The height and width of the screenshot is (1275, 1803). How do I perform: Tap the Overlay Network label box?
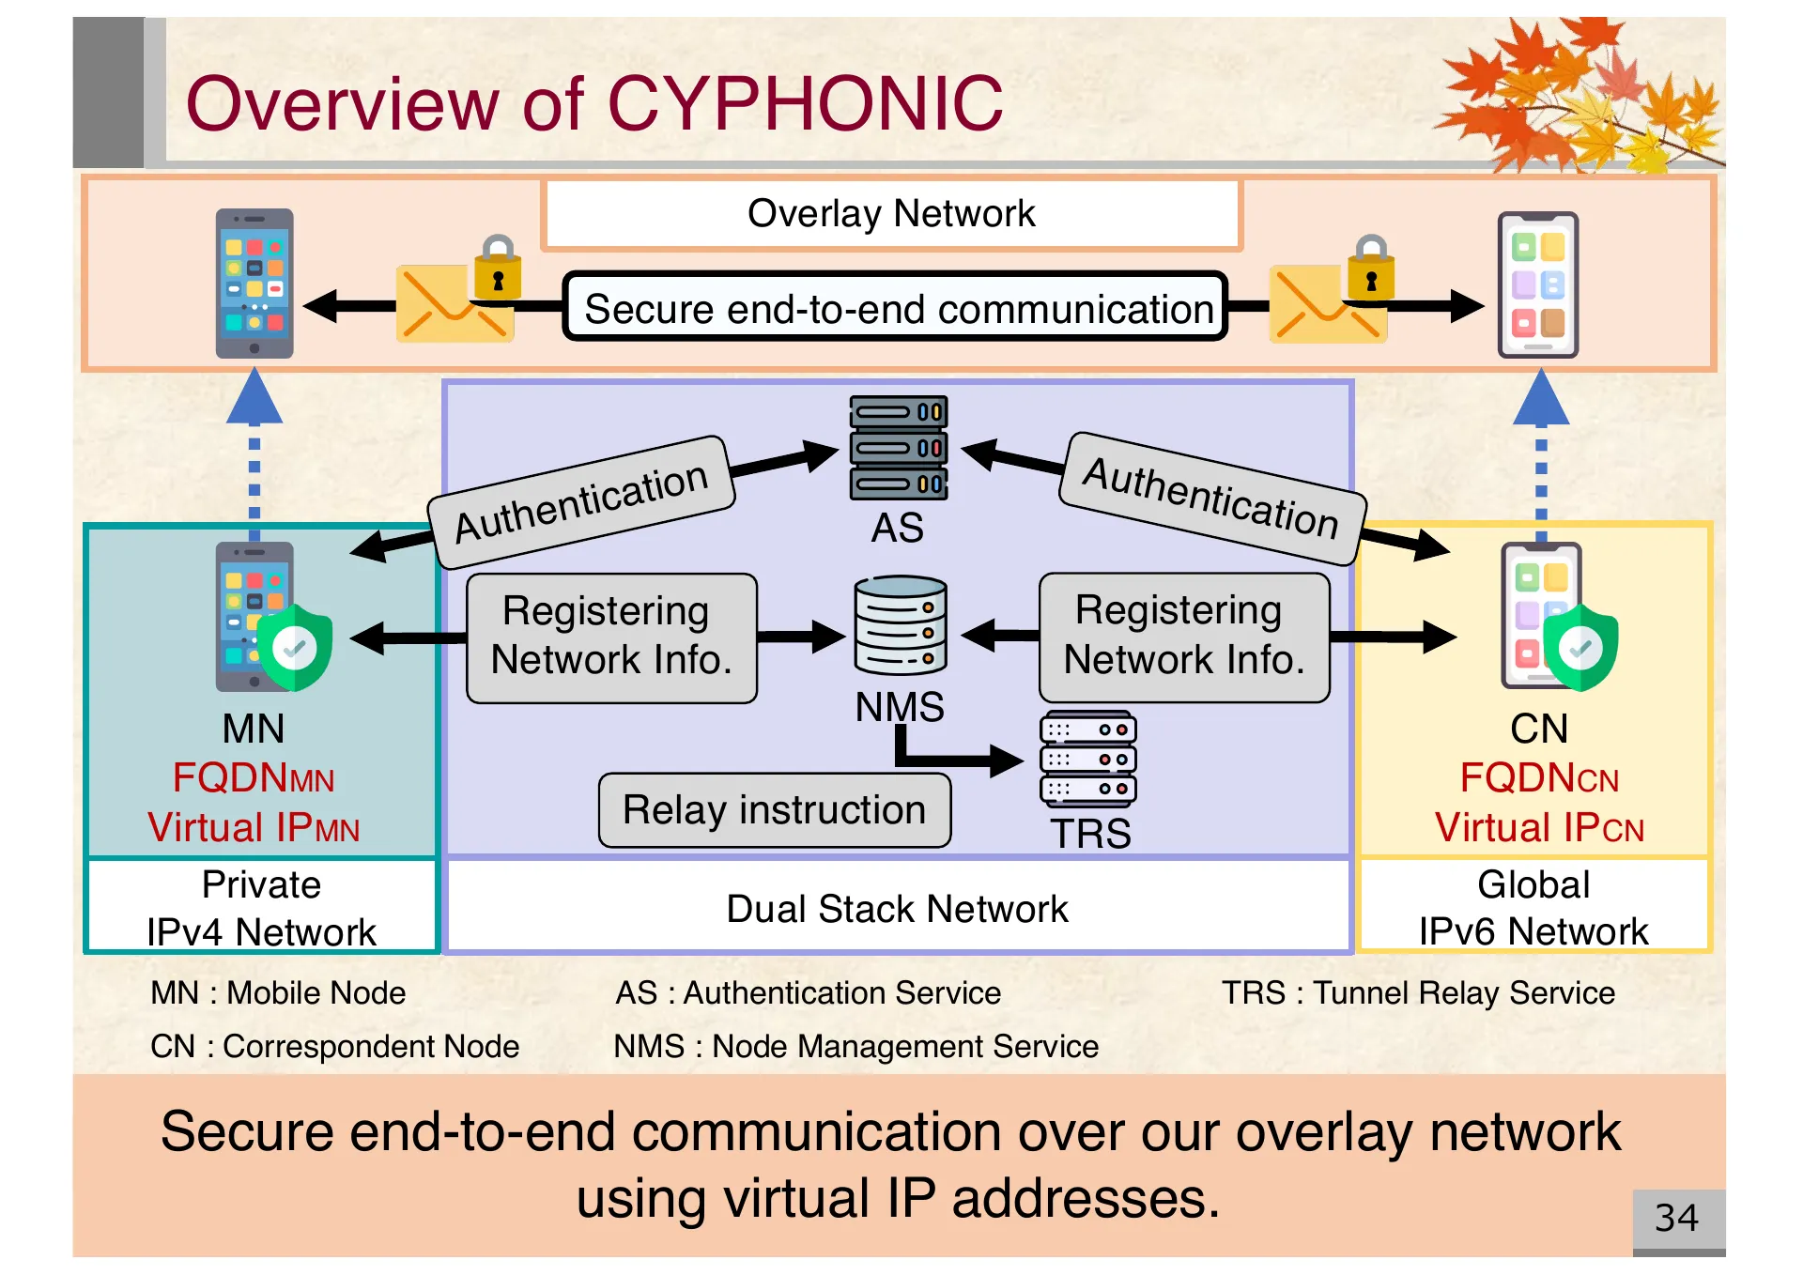click(891, 214)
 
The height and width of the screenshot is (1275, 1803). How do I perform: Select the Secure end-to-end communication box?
click(897, 308)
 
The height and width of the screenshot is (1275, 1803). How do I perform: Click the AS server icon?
click(899, 448)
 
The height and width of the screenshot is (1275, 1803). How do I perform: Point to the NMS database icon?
click(900, 624)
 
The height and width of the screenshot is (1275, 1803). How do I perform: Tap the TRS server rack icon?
click(1087, 759)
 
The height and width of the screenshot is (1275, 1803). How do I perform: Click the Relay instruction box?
click(774, 809)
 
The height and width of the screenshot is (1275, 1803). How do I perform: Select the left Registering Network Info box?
click(611, 636)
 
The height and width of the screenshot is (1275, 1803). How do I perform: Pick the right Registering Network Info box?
click(1183, 636)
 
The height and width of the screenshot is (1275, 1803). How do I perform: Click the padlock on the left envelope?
click(498, 269)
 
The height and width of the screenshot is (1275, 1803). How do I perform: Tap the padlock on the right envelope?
click(1371, 269)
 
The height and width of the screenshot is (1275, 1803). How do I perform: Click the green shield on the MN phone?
click(295, 647)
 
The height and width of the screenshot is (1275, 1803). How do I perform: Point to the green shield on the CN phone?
click(1580, 647)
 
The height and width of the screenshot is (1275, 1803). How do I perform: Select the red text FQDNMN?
click(254, 778)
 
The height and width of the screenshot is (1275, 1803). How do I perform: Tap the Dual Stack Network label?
click(897, 908)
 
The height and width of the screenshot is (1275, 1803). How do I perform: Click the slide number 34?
click(1676, 1219)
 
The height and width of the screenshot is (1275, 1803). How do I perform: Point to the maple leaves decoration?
click(1578, 94)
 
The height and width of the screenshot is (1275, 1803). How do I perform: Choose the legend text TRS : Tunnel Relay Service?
click(1417, 992)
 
